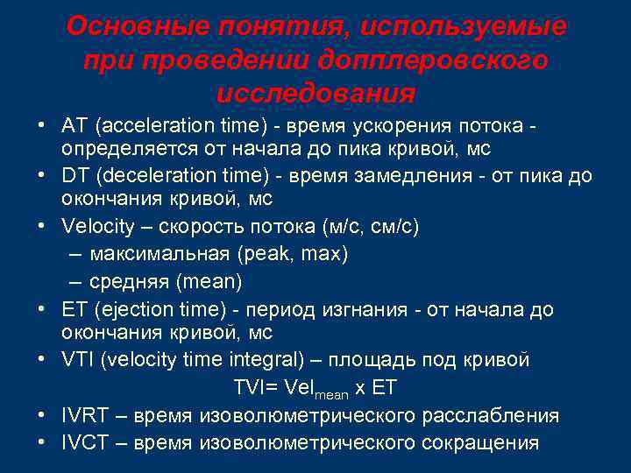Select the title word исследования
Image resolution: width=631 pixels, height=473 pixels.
315,92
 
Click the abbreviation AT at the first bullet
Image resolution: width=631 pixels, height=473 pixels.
74,127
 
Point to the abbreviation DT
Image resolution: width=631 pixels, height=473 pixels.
74,175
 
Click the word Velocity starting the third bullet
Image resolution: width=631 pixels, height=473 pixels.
98,227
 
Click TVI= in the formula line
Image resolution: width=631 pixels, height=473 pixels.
259,387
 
